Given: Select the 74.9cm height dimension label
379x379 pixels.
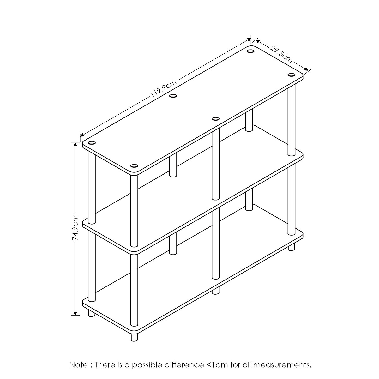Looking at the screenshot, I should coord(75,228).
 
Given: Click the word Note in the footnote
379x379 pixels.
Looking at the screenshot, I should coord(79,365).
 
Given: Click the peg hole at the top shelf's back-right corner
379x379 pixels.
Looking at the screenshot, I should coord(250,51).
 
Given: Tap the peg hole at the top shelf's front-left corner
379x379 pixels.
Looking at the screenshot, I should coord(134,166).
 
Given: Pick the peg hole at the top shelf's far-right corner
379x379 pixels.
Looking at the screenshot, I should coord(291,75).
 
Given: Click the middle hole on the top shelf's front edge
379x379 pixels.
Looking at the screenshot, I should coord(216,119).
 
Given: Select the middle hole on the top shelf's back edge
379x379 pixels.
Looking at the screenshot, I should coord(173,96).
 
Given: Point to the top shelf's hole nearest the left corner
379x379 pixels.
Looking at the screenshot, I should coord(92,143).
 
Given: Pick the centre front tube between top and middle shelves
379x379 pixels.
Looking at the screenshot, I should coord(216,165).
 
